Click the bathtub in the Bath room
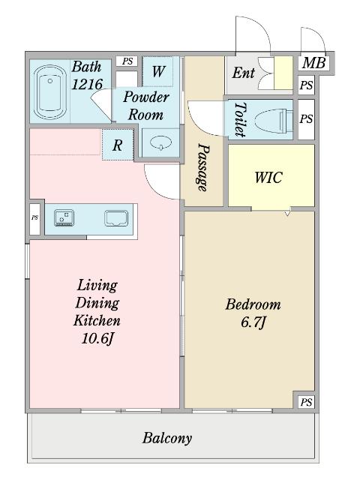coord(50,91)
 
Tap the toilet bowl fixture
coord(273,120)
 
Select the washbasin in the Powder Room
coord(160,143)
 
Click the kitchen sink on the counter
coord(116,218)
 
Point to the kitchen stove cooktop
coord(64,218)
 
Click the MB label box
coord(313,63)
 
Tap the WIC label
coord(268,177)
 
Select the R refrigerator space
coord(118,145)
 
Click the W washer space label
coord(158,71)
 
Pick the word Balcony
coord(167,438)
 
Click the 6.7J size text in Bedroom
coord(253,322)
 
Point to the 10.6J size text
coord(97,338)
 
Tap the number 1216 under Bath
coord(87,84)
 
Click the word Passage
coord(202,167)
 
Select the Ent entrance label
coord(243,73)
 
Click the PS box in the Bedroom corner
coord(306,402)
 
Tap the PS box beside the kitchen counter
coord(34,217)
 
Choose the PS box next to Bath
coord(127,61)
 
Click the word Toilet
coord(240,119)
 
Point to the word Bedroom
coord(253,304)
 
